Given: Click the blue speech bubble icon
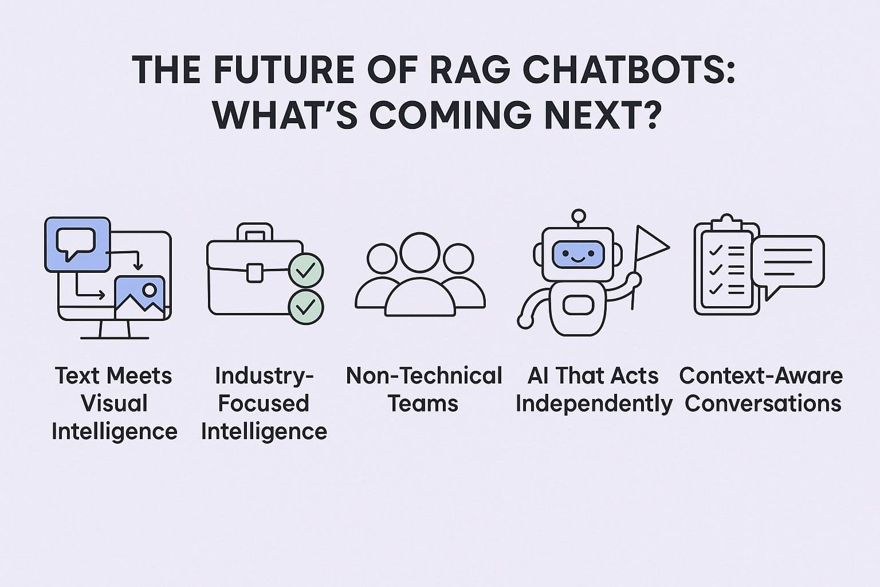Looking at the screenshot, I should [77, 244].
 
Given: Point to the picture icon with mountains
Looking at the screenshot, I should [140, 297].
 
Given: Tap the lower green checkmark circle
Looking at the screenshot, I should [306, 307].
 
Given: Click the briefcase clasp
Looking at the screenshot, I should [255, 272].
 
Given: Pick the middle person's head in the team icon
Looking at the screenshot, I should [420, 252].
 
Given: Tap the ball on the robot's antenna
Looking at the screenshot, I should [579, 216].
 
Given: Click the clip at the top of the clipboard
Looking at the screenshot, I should [726, 222].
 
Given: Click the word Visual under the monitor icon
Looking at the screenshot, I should [114, 403].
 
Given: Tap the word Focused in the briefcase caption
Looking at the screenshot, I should [264, 403].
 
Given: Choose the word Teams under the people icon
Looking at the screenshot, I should [423, 403].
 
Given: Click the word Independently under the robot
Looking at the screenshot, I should [594, 403].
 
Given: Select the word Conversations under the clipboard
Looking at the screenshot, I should [763, 403].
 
